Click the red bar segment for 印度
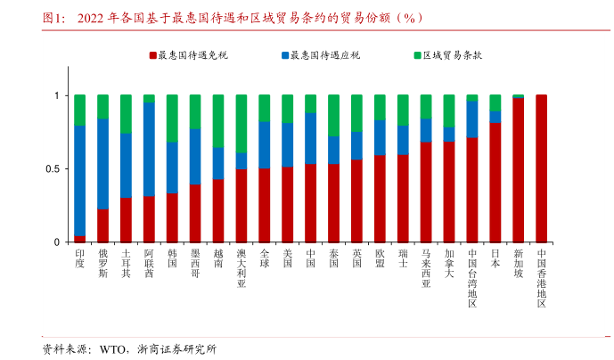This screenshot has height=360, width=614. point(80,239)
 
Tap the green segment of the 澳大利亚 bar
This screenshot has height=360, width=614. point(242,124)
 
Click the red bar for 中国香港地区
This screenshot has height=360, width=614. point(541,168)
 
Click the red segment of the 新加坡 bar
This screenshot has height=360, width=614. point(518,170)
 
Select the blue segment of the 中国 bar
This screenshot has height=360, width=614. point(310,138)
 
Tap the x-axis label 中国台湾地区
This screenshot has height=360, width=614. point(472,277)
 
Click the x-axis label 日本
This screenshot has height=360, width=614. point(495,259)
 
